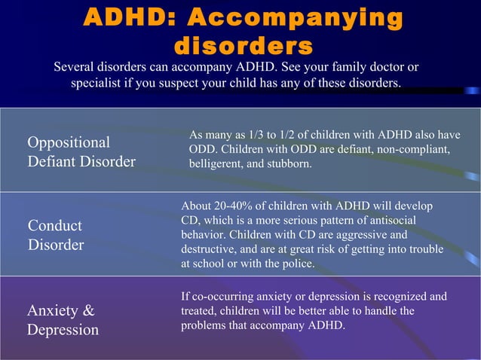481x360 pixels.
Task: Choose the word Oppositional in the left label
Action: (69, 142)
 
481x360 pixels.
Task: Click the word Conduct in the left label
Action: (55, 226)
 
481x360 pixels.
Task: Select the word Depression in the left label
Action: (63, 330)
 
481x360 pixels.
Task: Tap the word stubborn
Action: (288, 164)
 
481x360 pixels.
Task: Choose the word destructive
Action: (212, 249)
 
